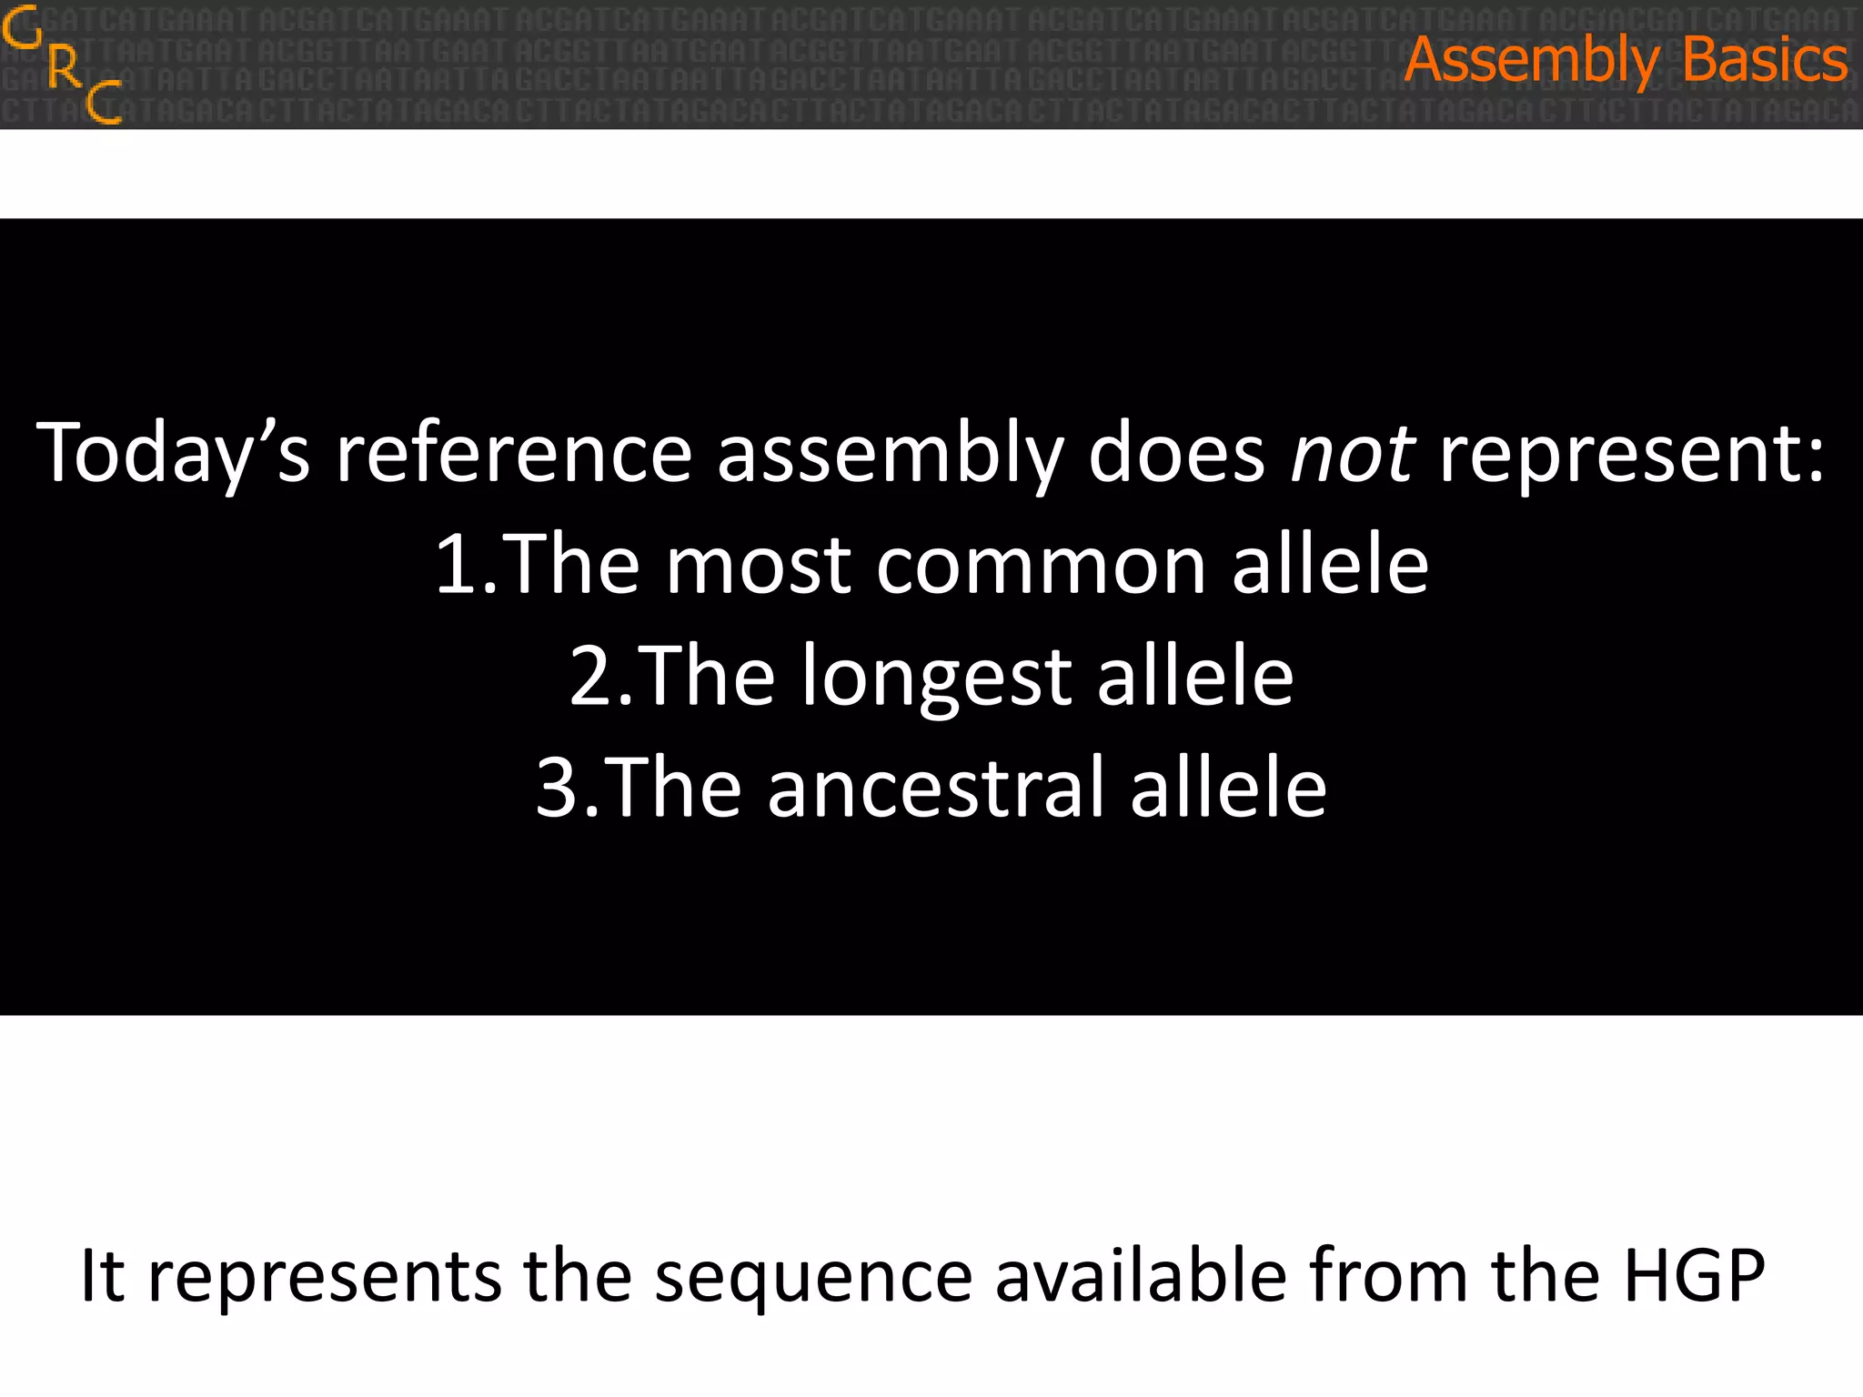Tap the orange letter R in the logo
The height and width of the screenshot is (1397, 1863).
(64, 65)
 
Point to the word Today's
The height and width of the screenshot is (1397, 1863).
(173, 453)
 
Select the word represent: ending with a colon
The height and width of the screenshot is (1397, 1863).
(1632, 453)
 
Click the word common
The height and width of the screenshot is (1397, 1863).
(1041, 566)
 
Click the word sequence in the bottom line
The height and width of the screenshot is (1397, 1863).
(813, 1277)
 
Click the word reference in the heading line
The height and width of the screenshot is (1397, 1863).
(514, 453)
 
